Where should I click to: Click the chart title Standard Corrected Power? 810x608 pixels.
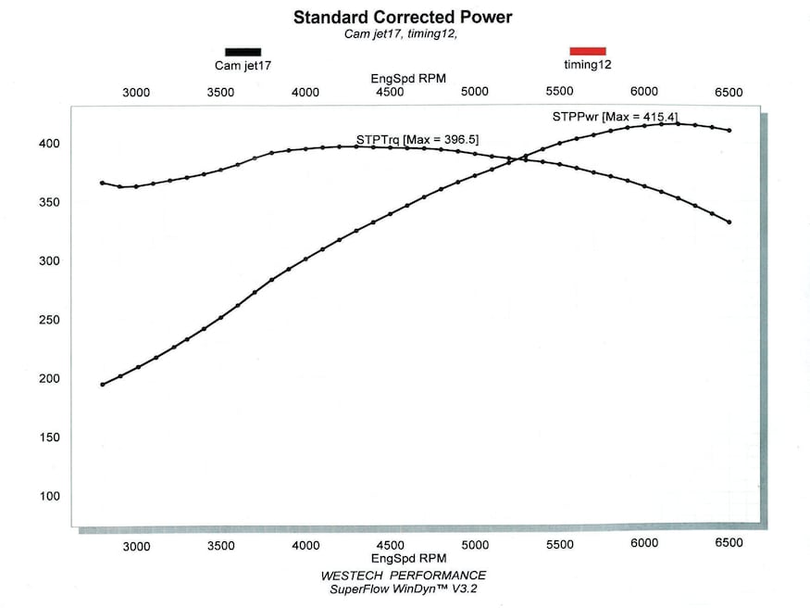(x=402, y=17)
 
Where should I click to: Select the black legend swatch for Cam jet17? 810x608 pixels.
(x=243, y=52)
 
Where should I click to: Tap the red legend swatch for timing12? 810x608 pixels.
(x=587, y=51)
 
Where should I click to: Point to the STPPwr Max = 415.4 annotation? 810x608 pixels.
(x=615, y=117)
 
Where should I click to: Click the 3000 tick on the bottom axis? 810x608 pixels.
(x=136, y=546)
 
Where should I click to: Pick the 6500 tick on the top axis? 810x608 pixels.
(x=729, y=92)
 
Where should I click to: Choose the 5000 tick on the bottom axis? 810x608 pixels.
(x=475, y=546)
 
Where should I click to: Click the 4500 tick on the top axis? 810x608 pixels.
(x=390, y=92)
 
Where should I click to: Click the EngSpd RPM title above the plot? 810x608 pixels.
(x=408, y=79)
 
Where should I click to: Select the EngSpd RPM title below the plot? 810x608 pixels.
(x=408, y=559)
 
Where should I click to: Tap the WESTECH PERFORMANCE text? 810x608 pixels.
(x=403, y=575)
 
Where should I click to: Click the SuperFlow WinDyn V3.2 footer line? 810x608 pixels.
(x=403, y=589)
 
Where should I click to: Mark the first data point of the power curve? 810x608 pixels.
(x=102, y=384)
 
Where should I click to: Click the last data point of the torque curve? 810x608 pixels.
(x=729, y=222)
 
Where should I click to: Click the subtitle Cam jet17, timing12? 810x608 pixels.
(x=402, y=34)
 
